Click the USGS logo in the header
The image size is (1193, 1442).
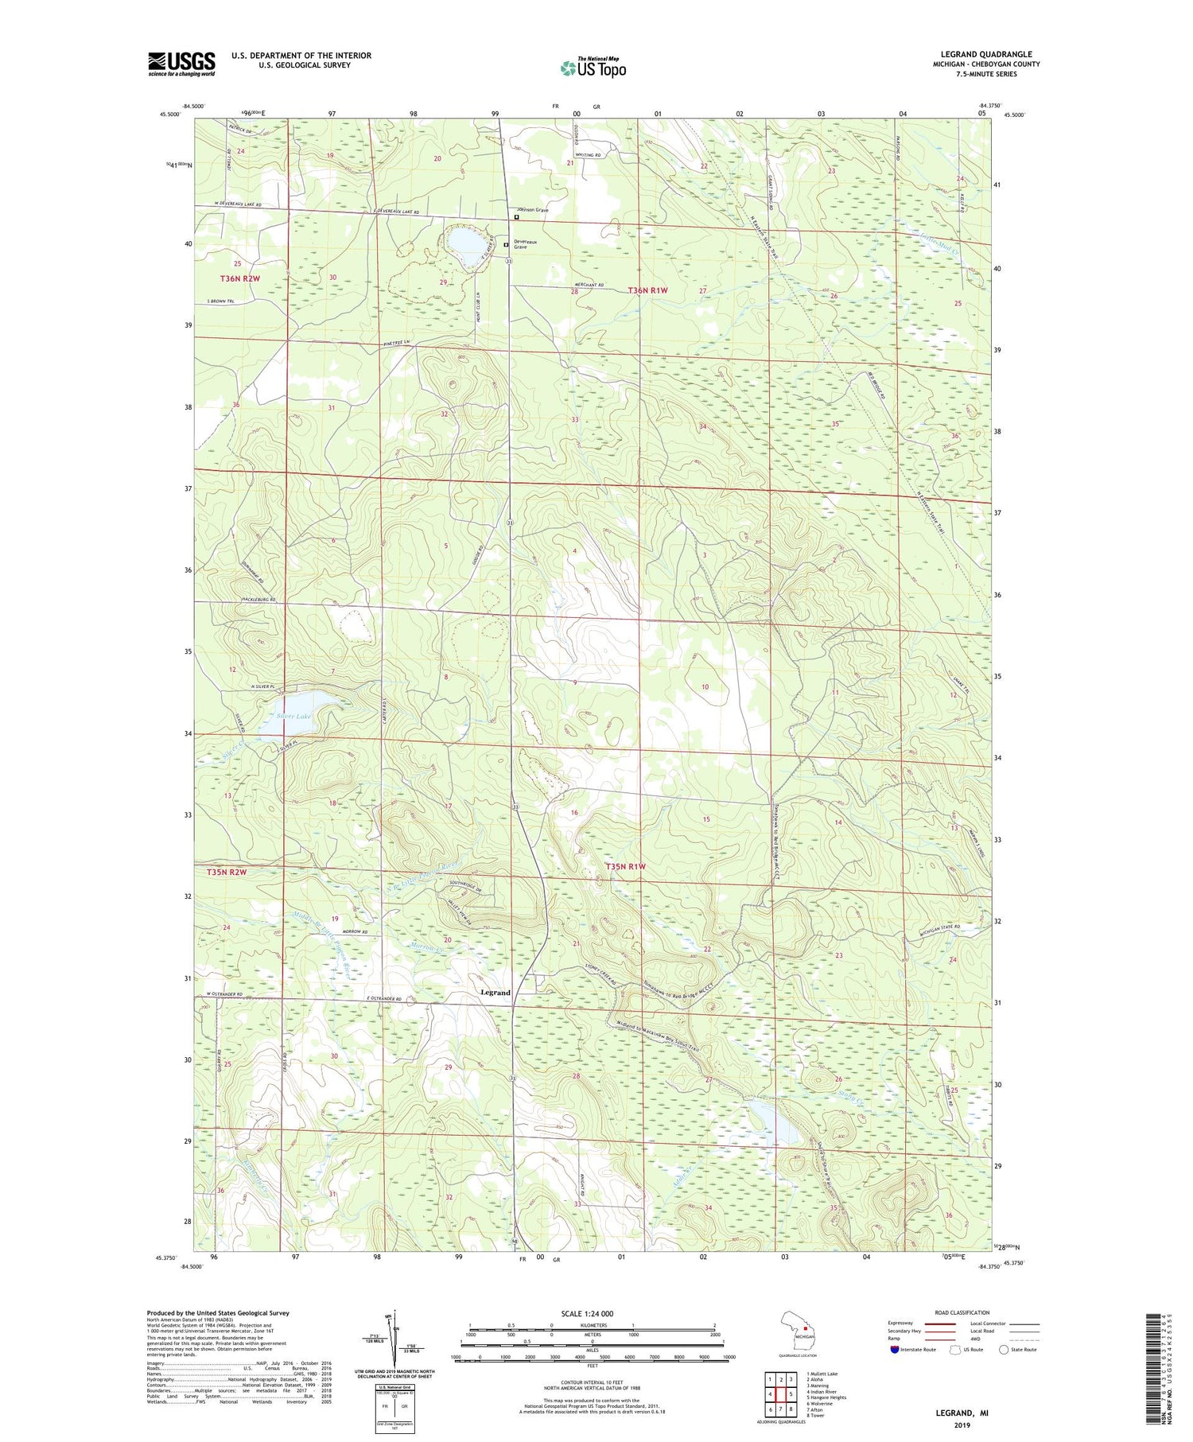[181, 64]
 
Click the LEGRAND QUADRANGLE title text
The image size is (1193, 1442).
[985, 55]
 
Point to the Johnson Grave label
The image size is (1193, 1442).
[530, 210]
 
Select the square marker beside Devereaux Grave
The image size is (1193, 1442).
[506, 245]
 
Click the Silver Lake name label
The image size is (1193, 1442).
[294, 716]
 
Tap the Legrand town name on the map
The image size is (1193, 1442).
[495, 993]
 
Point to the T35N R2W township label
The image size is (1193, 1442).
[227, 872]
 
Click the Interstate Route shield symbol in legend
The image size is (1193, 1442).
[896, 1350]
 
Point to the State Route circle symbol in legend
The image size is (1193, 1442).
[1004, 1350]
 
